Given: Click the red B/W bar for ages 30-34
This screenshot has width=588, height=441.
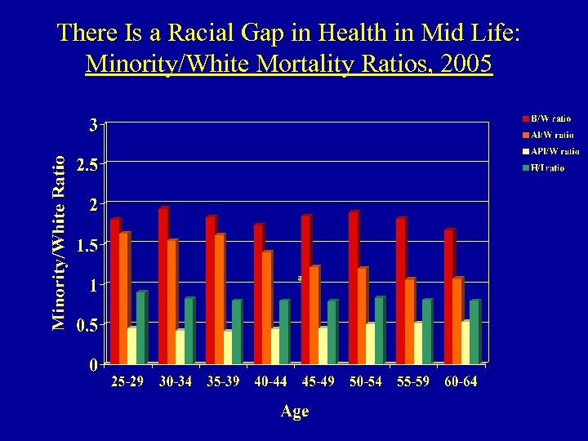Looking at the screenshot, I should (x=163, y=286).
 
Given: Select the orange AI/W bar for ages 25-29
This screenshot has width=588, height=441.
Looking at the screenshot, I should (x=123, y=298).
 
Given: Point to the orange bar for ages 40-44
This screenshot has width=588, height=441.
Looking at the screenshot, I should (x=266, y=307).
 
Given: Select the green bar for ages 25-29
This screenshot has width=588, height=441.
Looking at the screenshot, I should (x=140, y=327).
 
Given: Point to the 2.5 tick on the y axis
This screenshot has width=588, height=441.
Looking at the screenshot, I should (x=87, y=165).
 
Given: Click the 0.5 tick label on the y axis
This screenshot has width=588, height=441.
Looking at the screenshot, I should (x=87, y=325).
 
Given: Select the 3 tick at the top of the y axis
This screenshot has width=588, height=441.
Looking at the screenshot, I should (x=93, y=125).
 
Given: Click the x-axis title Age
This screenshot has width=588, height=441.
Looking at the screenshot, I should (x=294, y=412).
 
